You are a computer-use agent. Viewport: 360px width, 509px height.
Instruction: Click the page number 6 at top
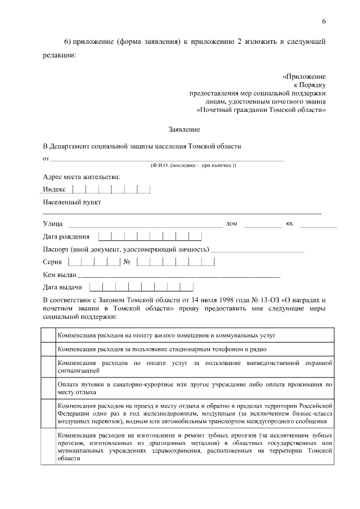(x=324, y=21)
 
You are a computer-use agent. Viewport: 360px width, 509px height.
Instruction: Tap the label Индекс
(x=55, y=190)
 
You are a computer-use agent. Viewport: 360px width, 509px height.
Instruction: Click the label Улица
(x=52, y=224)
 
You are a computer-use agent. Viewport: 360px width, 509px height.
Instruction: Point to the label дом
(x=231, y=224)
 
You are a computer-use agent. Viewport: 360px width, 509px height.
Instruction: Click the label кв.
(x=290, y=224)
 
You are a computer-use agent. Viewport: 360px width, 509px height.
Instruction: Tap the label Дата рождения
(x=66, y=237)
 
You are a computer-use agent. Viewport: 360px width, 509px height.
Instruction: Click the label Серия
(x=52, y=262)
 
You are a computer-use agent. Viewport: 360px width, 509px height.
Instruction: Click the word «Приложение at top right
(x=304, y=76)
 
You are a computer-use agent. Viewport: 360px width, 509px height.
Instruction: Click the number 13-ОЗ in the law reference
(x=251, y=301)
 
